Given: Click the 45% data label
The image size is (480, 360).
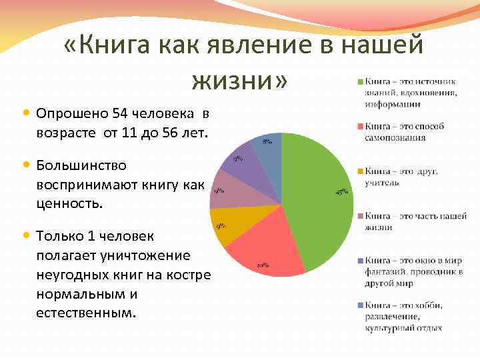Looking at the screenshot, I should (x=341, y=193).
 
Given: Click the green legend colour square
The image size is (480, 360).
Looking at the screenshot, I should (x=361, y=81).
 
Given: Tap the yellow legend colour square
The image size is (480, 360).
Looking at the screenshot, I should (x=361, y=171).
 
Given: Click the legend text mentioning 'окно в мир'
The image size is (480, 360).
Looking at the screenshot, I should (x=408, y=271).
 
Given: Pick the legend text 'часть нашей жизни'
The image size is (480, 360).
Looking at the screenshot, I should (x=406, y=221).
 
